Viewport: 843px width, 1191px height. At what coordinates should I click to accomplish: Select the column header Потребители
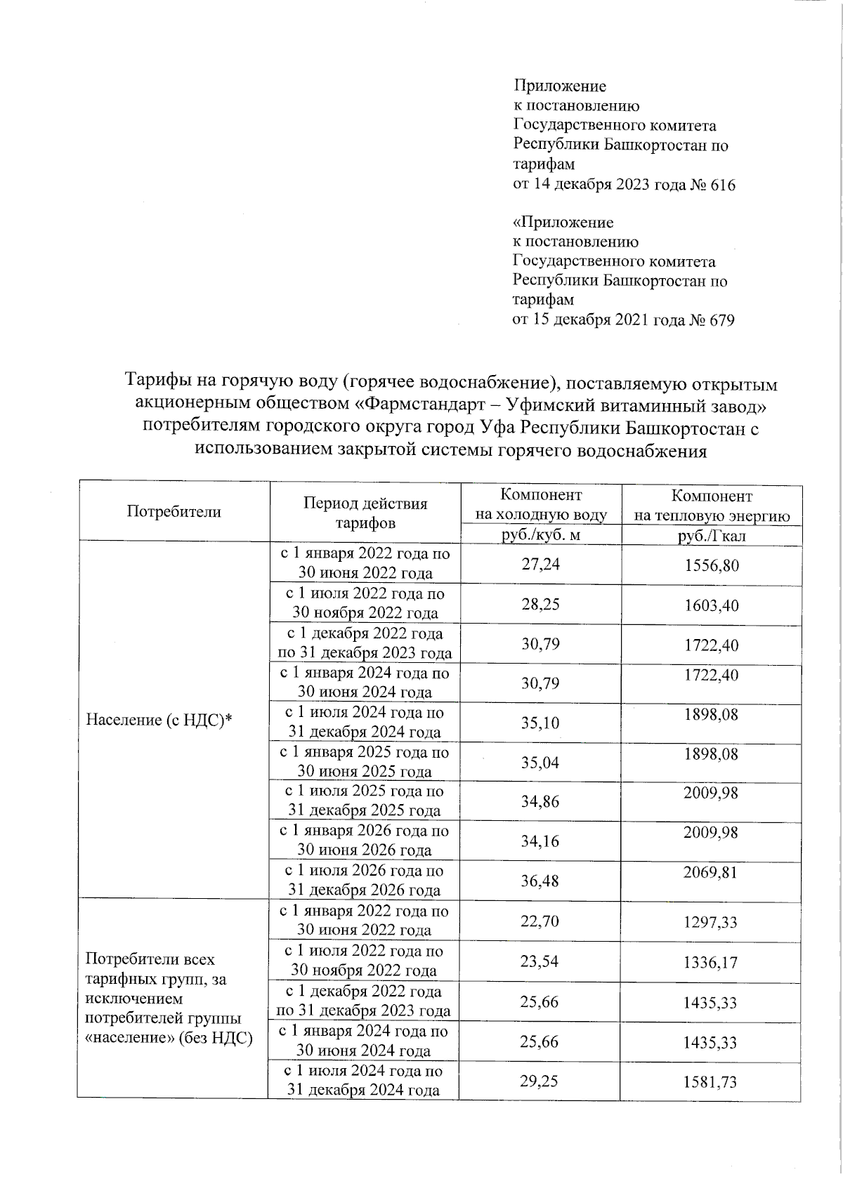[x=174, y=511]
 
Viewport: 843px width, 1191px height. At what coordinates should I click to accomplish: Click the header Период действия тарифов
[x=365, y=513]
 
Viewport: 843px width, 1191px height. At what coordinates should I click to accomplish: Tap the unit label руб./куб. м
[x=540, y=536]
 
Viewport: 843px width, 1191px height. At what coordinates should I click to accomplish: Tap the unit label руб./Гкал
[x=712, y=537]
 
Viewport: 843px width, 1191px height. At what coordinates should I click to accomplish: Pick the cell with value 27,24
[x=541, y=564]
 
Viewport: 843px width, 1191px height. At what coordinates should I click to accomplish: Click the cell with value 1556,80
[x=712, y=565]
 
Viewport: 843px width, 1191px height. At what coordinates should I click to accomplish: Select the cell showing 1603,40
[x=712, y=605]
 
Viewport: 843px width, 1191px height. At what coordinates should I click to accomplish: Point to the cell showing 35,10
[x=540, y=723]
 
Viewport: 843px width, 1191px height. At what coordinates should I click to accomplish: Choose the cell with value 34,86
[x=540, y=801]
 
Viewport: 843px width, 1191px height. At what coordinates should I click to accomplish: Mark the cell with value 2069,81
[x=711, y=873]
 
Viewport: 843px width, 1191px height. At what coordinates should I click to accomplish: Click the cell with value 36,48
[x=540, y=881]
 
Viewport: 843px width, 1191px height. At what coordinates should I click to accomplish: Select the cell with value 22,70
[x=540, y=921]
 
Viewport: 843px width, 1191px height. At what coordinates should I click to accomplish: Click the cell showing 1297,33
[x=710, y=922]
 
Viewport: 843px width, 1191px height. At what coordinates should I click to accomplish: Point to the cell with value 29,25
[x=539, y=1081]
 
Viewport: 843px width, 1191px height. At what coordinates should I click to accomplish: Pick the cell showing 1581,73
[x=710, y=1082]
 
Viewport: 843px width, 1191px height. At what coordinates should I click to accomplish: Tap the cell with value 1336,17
[x=710, y=962]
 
